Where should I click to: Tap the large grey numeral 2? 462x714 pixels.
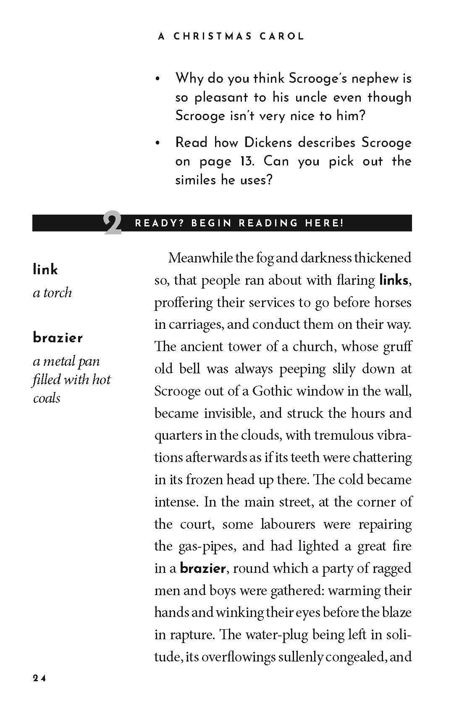pos(112,224)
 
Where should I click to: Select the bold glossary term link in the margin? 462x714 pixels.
pos(45,270)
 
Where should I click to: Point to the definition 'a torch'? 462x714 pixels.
pos(52,293)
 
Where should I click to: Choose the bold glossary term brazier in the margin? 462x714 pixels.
pos(58,338)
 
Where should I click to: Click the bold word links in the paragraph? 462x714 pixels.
pos(393,280)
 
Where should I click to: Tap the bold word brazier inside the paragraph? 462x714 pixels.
pos(203,569)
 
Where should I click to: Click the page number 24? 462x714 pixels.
pos(39,679)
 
